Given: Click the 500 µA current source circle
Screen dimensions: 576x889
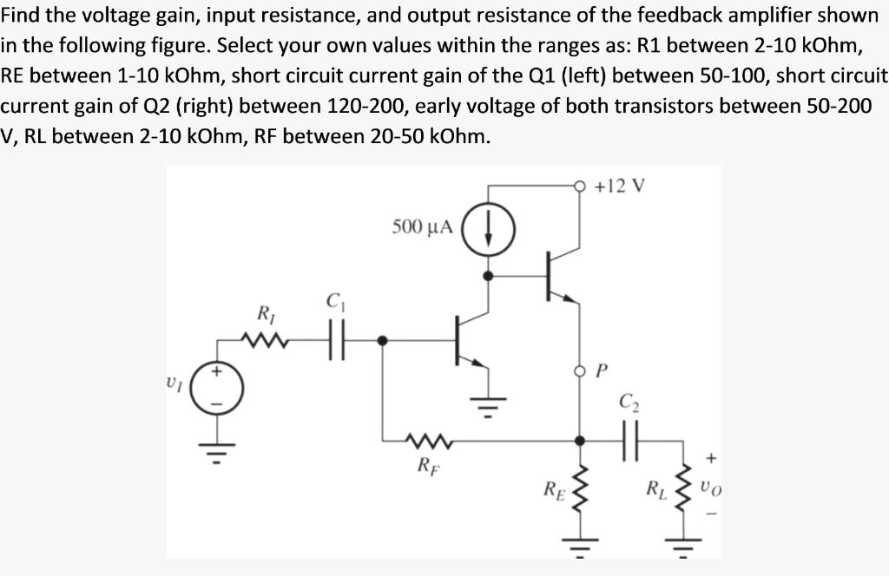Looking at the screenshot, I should pos(489,229).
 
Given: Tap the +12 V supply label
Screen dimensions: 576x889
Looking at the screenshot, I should pos(622,186).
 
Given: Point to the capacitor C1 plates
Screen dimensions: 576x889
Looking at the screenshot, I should pos(334,340).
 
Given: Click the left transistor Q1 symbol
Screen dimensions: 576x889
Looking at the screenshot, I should pos(466,341).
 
